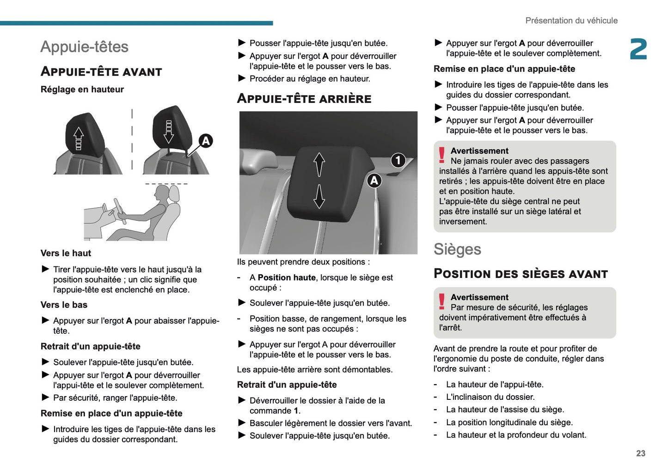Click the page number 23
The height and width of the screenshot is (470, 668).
click(640, 453)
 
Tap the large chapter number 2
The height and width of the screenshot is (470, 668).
click(638, 49)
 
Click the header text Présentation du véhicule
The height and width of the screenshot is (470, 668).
click(571, 20)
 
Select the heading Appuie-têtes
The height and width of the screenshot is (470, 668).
click(84, 47)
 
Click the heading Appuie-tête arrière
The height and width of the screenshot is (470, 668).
click(304, 98)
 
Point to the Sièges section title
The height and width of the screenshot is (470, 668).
click(457, 249)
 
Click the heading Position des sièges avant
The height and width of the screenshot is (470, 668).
click(520, 274)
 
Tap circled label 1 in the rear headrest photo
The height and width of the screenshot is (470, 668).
click(398, 160)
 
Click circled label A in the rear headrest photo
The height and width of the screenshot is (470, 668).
click(374, 181)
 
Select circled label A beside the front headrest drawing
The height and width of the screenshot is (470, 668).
click(205, 141)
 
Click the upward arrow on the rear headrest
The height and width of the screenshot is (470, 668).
click(319, 164)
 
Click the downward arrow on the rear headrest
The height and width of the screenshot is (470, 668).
click(319, 197)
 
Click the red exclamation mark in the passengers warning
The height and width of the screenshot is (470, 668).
click(442, 155)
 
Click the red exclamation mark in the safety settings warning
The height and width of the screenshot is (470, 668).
click(442, 301)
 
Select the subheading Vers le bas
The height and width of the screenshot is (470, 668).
click(64, 305)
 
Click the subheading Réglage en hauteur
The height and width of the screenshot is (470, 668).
click(82, 90)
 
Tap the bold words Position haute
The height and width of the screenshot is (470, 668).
click(286, 277)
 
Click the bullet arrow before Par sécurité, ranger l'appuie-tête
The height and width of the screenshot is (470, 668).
click(45, 397)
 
